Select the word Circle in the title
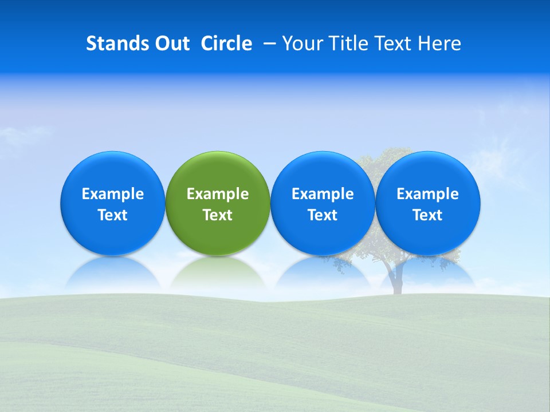(x=226, y=43)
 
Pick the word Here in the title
(x=440, y=43)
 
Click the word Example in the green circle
(x=218, y=194)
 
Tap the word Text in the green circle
(x=218, y=215)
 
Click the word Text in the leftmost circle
(x=113, y=215)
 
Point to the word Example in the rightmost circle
(x=428, y=194)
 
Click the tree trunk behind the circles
(x=395, y=283)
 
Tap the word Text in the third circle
(x=323, y=215)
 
